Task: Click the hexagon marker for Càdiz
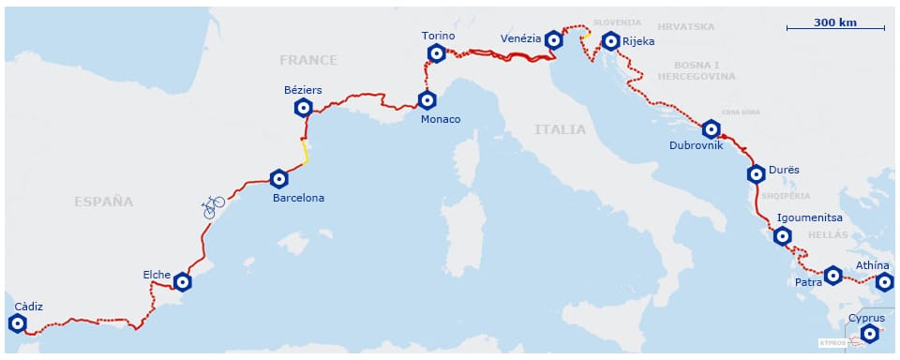17,323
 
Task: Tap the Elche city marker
183,281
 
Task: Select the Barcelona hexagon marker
277,178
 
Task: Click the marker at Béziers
303,108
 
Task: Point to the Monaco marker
427,99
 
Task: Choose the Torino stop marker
436,52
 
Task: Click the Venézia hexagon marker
554,40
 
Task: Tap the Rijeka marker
610,40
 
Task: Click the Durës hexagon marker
756,173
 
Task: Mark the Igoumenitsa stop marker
783,235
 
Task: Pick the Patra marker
832,275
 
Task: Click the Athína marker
884,281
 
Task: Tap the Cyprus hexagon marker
870,334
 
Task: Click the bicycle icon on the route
214,205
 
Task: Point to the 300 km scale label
834,22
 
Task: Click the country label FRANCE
307,60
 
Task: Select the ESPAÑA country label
104,201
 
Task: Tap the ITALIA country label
560,129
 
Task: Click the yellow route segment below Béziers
305,151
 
